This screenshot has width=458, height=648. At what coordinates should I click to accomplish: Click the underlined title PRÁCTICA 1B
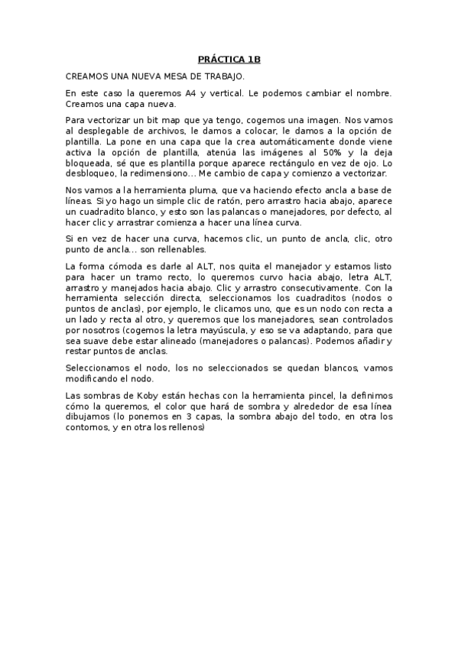pos(229,59)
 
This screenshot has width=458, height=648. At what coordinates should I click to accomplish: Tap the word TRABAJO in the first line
pos(222,76)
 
